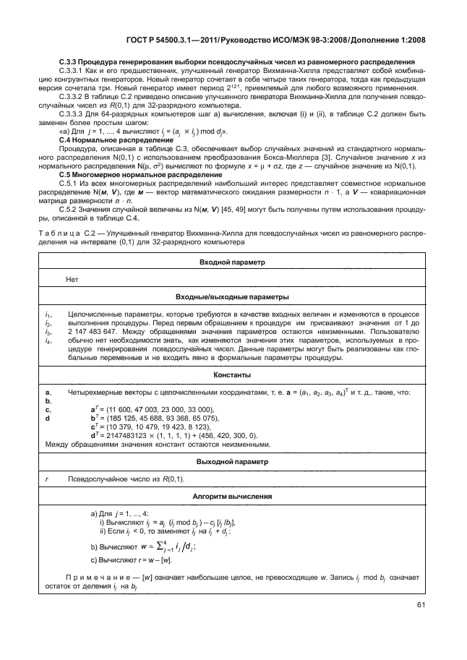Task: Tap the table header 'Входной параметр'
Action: coord(232,262)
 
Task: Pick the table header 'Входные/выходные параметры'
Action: coord(232,296)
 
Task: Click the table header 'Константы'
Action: coord(232,375)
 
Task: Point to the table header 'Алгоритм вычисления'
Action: coord(232,497)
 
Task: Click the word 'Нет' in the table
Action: coord(72,279)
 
